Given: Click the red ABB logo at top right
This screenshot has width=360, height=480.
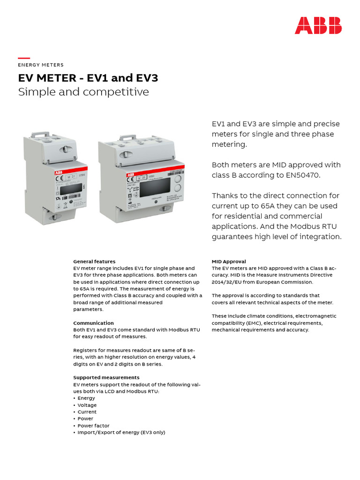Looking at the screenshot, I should coord(318,25).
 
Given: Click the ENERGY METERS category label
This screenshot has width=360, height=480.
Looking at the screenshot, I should coord(41,65).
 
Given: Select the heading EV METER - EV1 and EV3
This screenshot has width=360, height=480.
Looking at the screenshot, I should coord(88,78).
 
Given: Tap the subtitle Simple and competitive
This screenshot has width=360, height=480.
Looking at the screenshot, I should coord(83,92).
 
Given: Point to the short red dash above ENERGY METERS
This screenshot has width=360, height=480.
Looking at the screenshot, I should coord(24,58).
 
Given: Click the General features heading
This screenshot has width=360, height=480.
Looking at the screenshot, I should coord(94,262).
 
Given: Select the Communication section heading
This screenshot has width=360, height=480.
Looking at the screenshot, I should coord(93,323).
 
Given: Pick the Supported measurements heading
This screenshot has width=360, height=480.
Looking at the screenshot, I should coord(106,377).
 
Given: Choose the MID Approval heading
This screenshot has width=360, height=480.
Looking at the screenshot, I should coord(229,262).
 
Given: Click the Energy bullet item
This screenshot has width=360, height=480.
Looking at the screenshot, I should coord(86,398).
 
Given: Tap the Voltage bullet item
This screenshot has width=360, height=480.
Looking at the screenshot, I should coord(87,405).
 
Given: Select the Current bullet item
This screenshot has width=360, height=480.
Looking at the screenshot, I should coord(87,412).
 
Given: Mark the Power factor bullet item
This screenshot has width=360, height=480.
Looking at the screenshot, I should coord(93,426).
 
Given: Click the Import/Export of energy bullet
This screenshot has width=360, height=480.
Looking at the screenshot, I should coord(121,433).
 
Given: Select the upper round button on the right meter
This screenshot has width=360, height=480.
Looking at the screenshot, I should coord(178,179).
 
